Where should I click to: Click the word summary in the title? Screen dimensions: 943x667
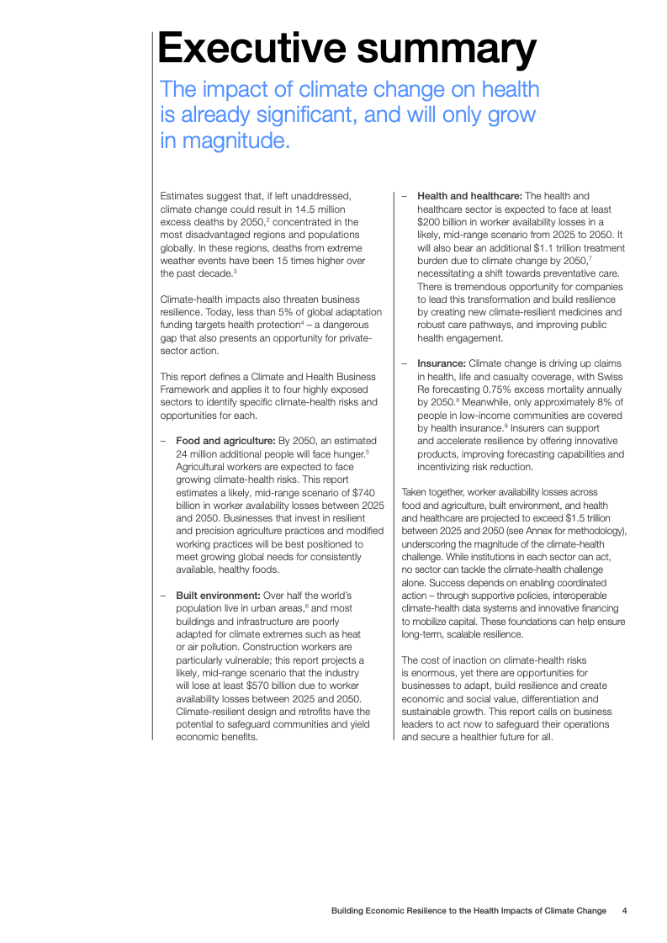pyautogui.click(x=446, y=49)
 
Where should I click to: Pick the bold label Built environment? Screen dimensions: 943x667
pyautogui.click(x=218, y=596)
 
